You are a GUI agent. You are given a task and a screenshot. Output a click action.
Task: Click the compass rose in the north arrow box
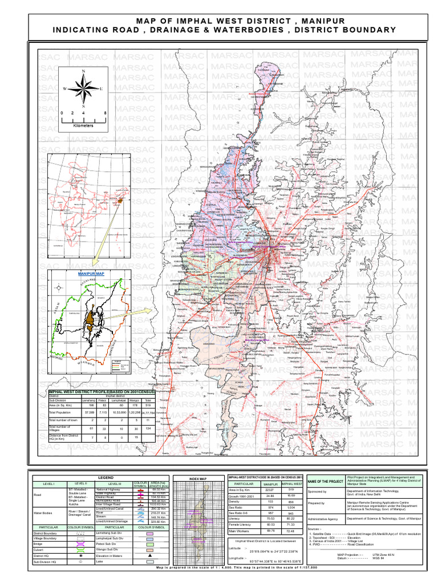[84, 89]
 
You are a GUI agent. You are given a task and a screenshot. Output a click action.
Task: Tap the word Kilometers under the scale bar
[83, 125]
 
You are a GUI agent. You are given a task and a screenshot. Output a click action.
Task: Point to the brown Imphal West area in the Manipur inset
[90, 321]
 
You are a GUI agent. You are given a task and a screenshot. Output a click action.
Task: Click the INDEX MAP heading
[198, 479]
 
